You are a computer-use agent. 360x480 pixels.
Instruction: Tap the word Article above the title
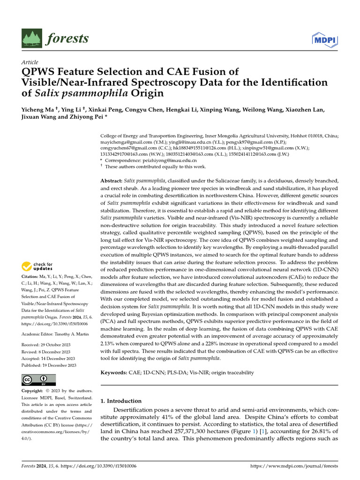pos(30,62)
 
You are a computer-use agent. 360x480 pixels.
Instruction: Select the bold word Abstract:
pos(112,180)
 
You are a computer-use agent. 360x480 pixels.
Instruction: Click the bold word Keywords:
pos(114,372)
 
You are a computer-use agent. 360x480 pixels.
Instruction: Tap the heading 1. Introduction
pos(121,401)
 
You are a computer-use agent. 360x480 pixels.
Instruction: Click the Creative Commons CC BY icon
pos(39,380)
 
